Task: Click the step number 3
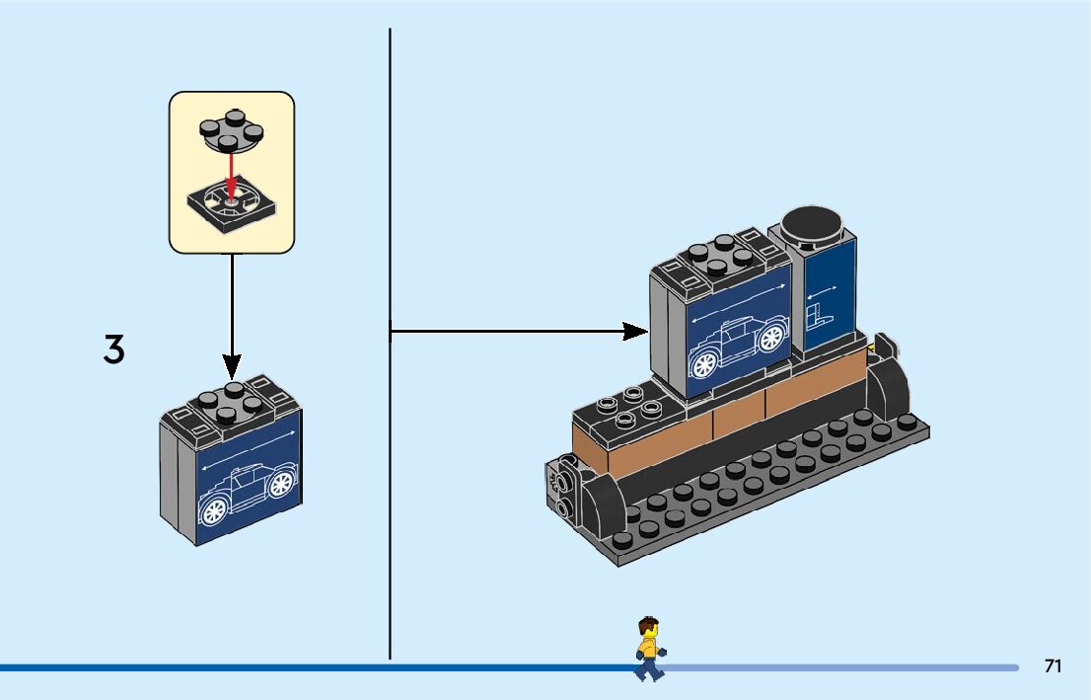coord(114,350)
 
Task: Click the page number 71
coord(1053,666)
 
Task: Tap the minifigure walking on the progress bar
coord(648,649)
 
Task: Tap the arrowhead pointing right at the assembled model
coord(634,332)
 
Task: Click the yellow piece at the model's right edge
coord(872,349)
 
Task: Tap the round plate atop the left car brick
coord(231,397)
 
